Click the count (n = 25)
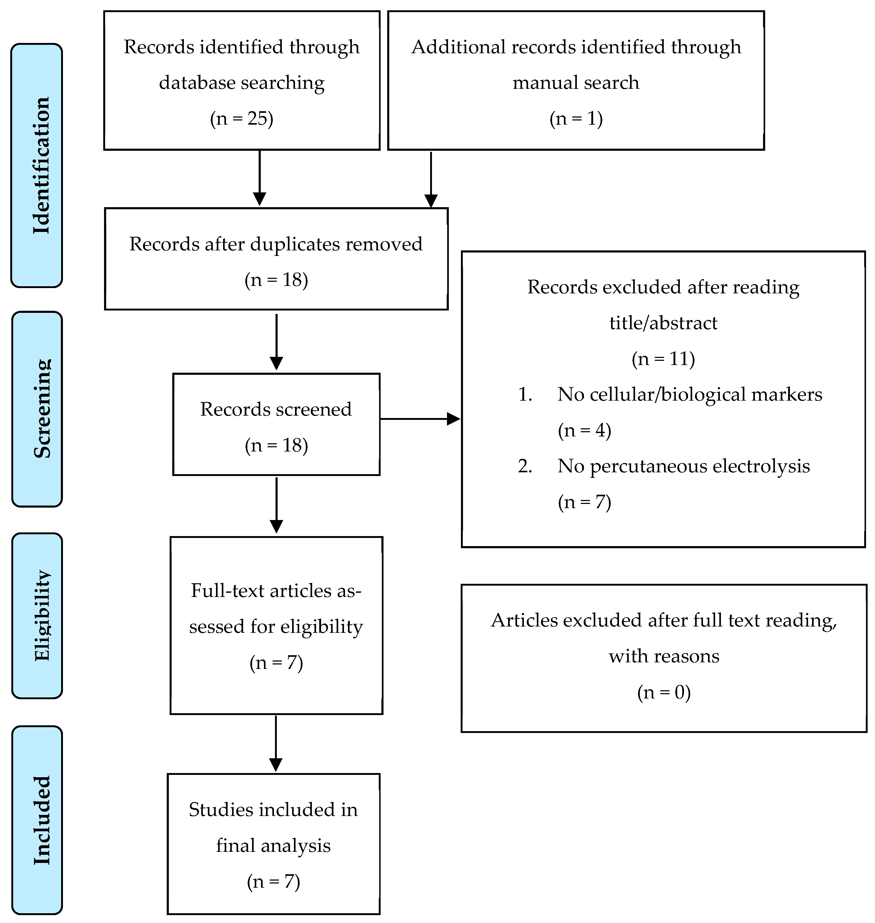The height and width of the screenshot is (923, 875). coord(241,119)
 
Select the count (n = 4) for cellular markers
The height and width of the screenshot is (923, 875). coord(584,430)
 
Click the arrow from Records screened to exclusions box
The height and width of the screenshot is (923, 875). coord(420,419)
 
